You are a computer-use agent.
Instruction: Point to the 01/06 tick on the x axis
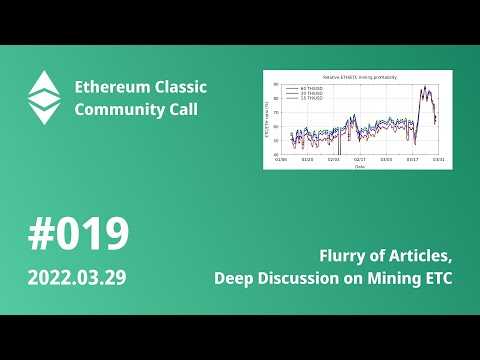click(x=281, y=159)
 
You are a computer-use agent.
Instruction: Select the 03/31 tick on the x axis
click(x=439, y=159)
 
